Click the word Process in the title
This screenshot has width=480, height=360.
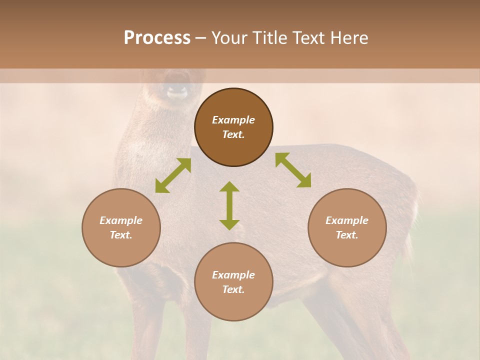[157, 37]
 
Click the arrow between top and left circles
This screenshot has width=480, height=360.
[173, 175]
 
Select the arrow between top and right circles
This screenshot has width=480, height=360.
[293, 170]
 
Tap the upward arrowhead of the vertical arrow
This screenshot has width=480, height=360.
[229, 186]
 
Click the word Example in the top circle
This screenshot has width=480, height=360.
[233, 120]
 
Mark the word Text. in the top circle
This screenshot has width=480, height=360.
[233, 134]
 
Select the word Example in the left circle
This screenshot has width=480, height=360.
[121, 220]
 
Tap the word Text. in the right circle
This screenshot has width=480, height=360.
[347, 235]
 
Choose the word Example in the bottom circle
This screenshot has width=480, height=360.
[233, 275]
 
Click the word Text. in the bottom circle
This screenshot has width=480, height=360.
[233, 289]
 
